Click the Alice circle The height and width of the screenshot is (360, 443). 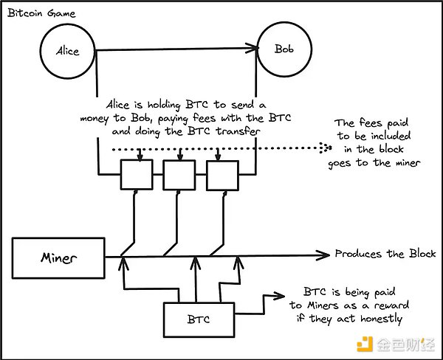pyautogui.click(x=68, y=51)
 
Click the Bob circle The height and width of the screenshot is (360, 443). pyautogui.click(x=284, y=50)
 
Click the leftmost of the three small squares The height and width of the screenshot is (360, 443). pyautogui.click(x=135, y=176)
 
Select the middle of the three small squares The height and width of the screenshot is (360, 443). pyautogui.click(x=178, y=176)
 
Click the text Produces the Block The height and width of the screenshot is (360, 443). pyautogui.click(x=385, y=254)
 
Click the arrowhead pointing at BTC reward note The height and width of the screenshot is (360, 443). pyautogui.click(x=283, y=298)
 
